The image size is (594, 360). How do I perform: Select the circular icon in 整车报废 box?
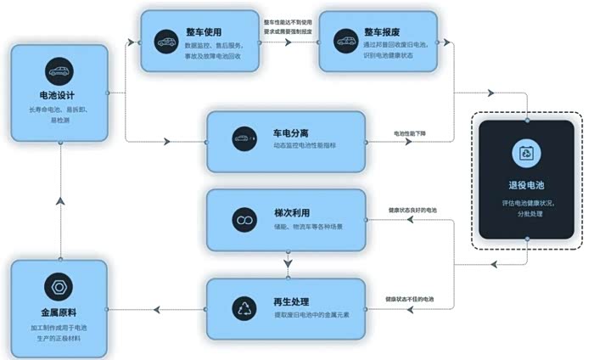pyautogui.click(x=345, y=40)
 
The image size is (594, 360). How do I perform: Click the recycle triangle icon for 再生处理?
pyautogui.click(x=244, y=307)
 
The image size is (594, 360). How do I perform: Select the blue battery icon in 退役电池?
pyautogui.click(x=526, y=155)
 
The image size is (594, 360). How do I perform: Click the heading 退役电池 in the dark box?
pyautogui.click(x=526, y=185)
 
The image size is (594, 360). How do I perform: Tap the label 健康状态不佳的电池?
pyautogui.click(x=410, y=299)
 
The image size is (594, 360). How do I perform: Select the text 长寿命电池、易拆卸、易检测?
pyautogui.click(x=59, y=115)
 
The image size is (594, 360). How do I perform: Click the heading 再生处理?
pyautogui.click(x=290, y=302)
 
